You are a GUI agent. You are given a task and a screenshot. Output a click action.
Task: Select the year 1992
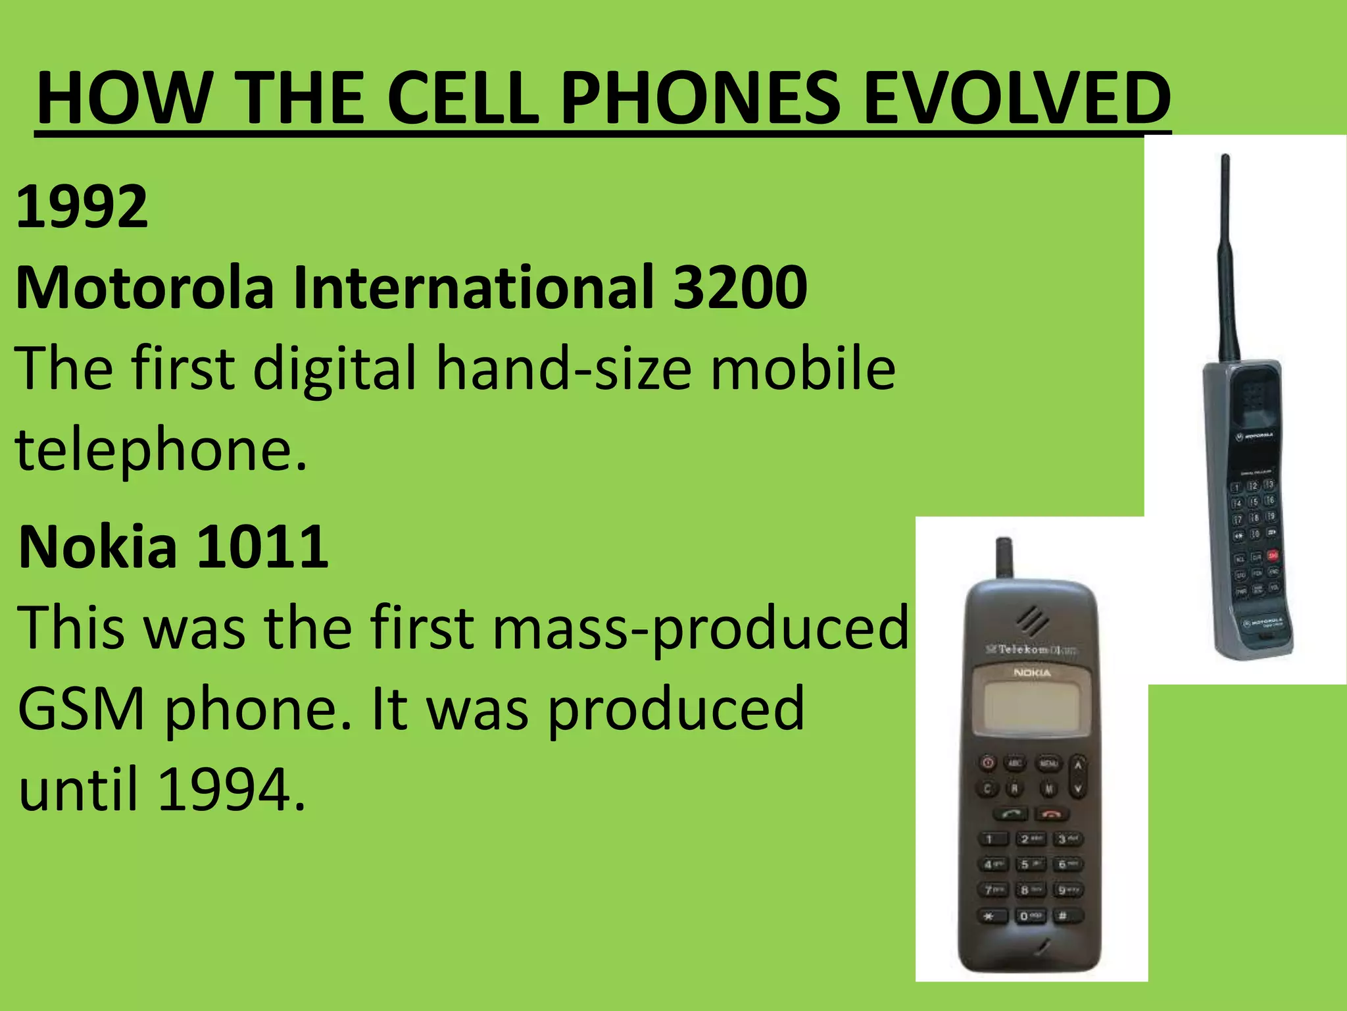[82, 207]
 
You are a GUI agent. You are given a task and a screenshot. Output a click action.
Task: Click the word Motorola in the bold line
[145, 287]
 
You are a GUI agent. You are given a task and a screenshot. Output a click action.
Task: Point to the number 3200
[741, 287]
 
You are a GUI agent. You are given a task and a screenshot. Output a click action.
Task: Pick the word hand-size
[564, 369]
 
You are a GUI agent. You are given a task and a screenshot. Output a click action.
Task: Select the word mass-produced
[700, 628]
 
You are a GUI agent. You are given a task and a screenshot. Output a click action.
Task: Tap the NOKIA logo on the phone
[1032, 673]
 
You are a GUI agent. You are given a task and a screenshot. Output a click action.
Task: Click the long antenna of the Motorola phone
[1227, 257]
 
